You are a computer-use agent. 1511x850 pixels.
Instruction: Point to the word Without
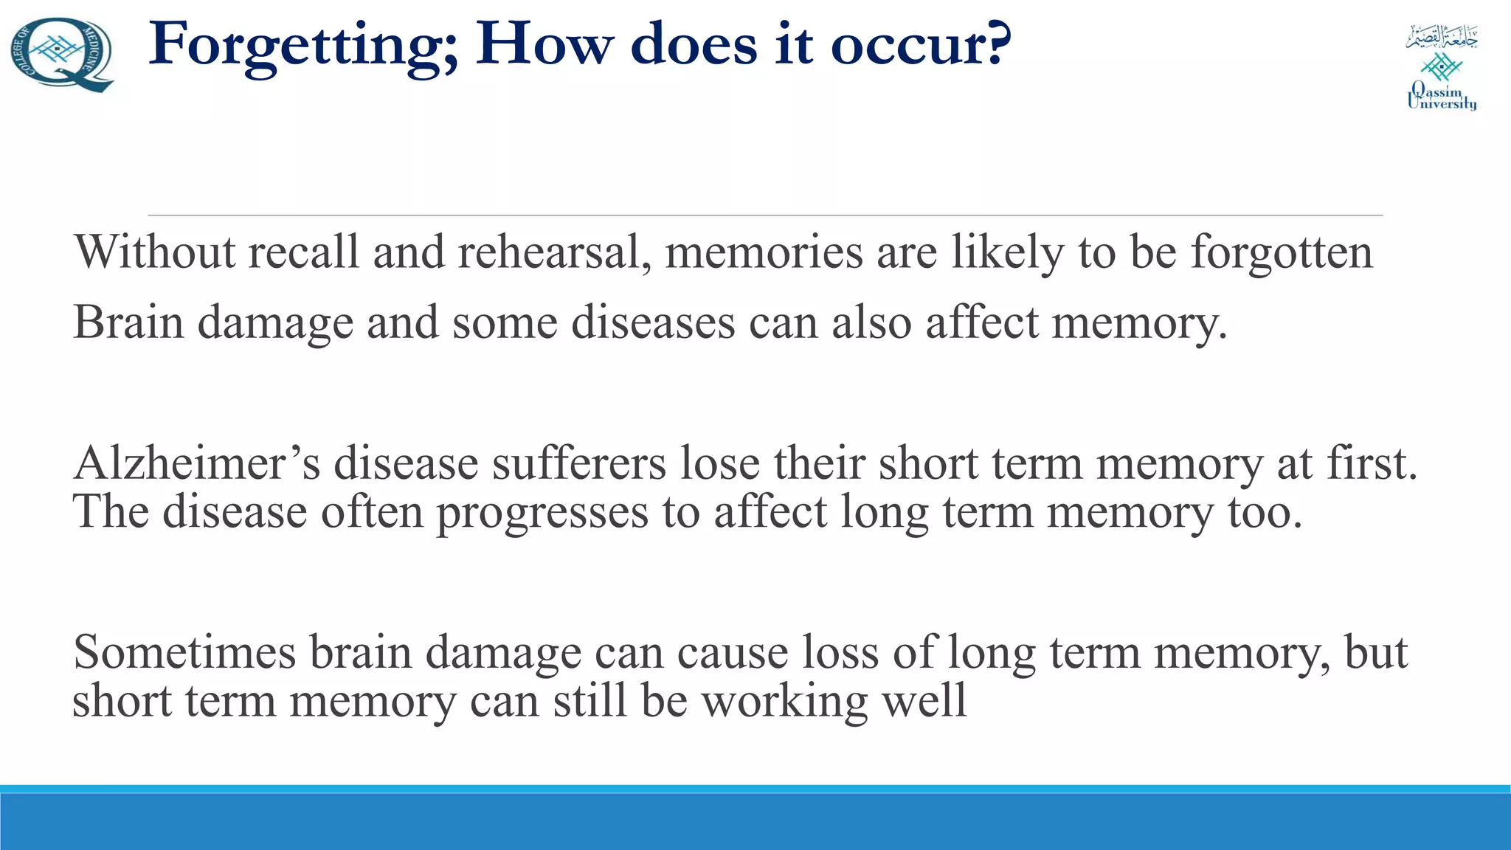pyautogui.click(x=154, y=252)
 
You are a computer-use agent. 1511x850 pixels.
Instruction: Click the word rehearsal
pyautogui.click(x=553, y=252)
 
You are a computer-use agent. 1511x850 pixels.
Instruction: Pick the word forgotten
pyautogui.click(x=1282, y=252)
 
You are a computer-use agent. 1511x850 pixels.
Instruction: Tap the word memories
pyautogui.click(x=763, y=252)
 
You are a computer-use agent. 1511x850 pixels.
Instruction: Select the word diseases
pyautogui.click(x=653, y=323)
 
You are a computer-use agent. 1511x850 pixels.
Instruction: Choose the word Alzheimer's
pyautogui.click(x=196, y=464)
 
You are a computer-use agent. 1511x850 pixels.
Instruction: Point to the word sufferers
pyautogui.click(x=578, y=464)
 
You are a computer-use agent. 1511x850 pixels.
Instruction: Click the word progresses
pyautogui.click(x=542, y=513)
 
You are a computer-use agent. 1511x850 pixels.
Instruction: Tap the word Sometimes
pyautogui.click(x=184, y=653)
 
